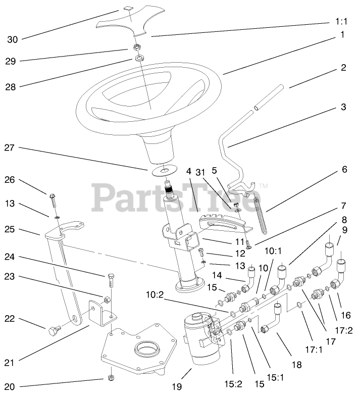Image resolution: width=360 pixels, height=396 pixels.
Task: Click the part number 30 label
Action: tap(12, 38)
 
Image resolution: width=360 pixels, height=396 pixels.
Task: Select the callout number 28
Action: tap(12, 86)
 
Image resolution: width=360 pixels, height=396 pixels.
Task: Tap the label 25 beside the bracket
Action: tap(11, 229)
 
